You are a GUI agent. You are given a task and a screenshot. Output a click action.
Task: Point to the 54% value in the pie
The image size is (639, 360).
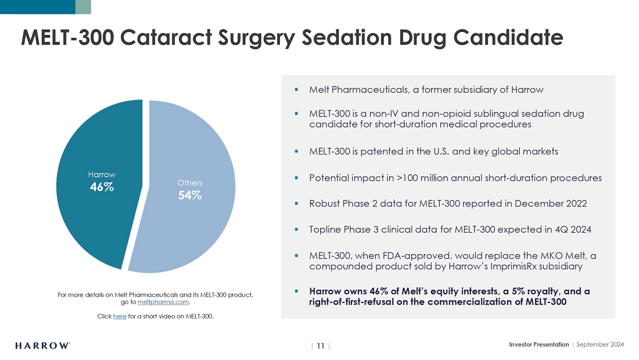coord(189,196)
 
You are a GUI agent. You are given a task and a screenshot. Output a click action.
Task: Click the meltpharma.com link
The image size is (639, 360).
coord(163,302)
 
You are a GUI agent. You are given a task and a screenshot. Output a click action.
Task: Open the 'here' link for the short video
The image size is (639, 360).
coord(120,316)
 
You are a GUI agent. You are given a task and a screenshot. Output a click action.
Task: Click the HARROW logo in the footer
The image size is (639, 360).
coord(43,345)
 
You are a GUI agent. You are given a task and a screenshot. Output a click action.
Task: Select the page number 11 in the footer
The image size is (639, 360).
coord(321,345)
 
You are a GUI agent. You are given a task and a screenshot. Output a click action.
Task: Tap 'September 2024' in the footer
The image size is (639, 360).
coord(601,345)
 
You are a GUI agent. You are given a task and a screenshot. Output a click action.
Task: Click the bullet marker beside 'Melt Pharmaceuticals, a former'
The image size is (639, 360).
coord(296,90)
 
